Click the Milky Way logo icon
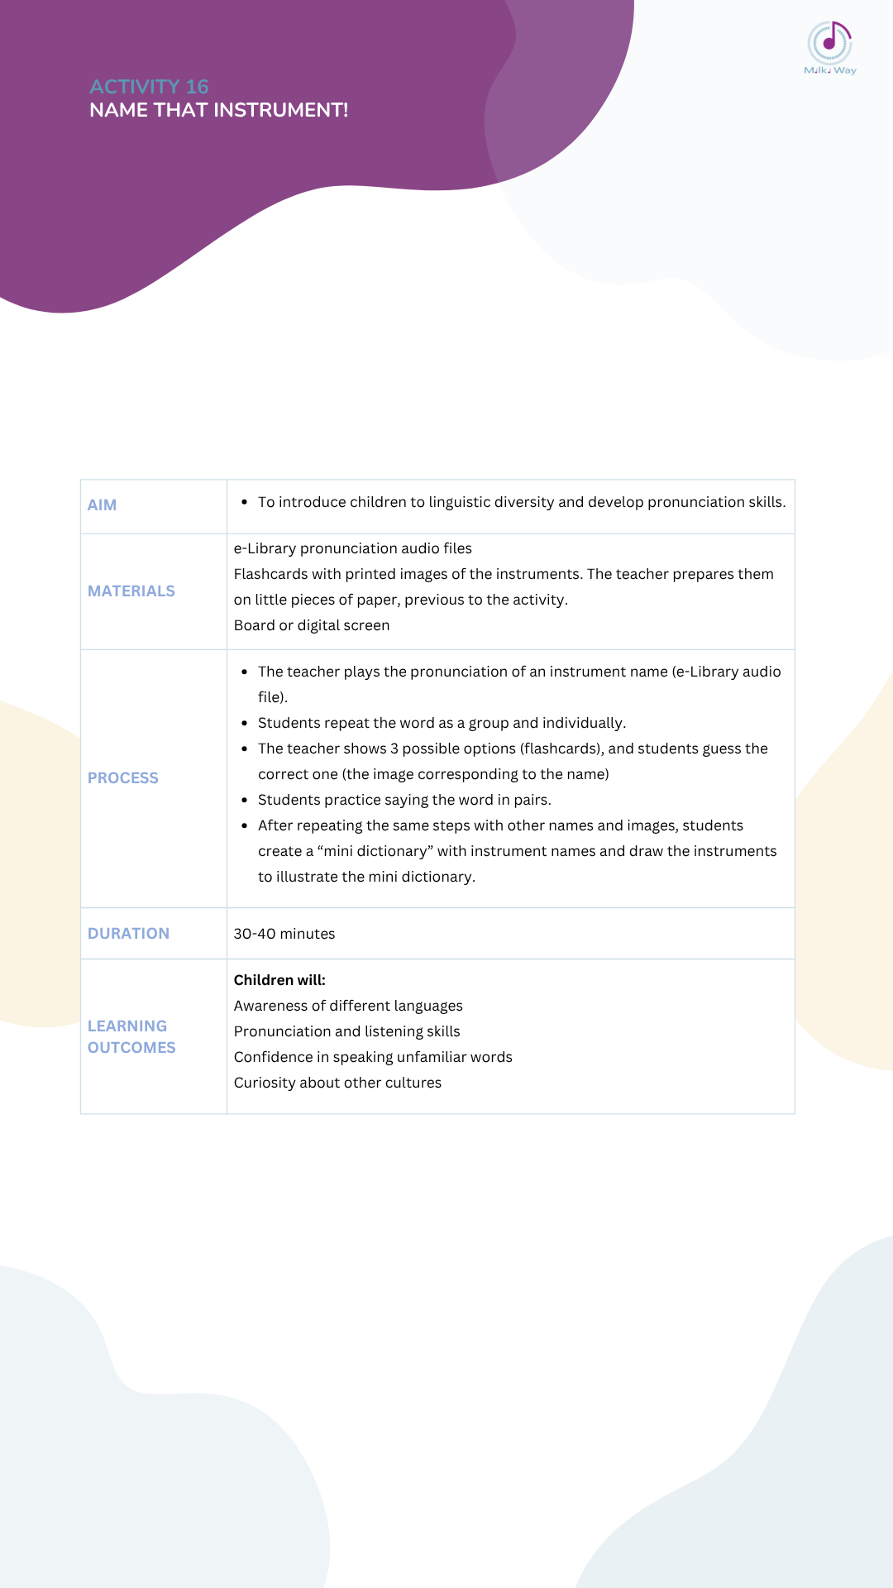(829, 43)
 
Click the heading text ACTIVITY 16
(149, 87)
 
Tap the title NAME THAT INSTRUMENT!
(218, 110)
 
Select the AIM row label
(102, 505)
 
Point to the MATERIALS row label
(131, 591)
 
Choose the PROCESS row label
(123, 778)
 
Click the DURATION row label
(128, 934)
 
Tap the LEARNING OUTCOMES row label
(131, 1036)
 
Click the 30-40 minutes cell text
(284, 934)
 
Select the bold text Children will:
(279, 980)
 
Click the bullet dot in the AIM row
(245, 502)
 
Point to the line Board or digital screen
(312, 625)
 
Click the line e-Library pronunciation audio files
(353, 548)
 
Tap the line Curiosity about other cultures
(337, 1083)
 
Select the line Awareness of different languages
(348, 1006)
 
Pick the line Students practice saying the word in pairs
(404, 800)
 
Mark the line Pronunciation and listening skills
(347, 1031)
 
